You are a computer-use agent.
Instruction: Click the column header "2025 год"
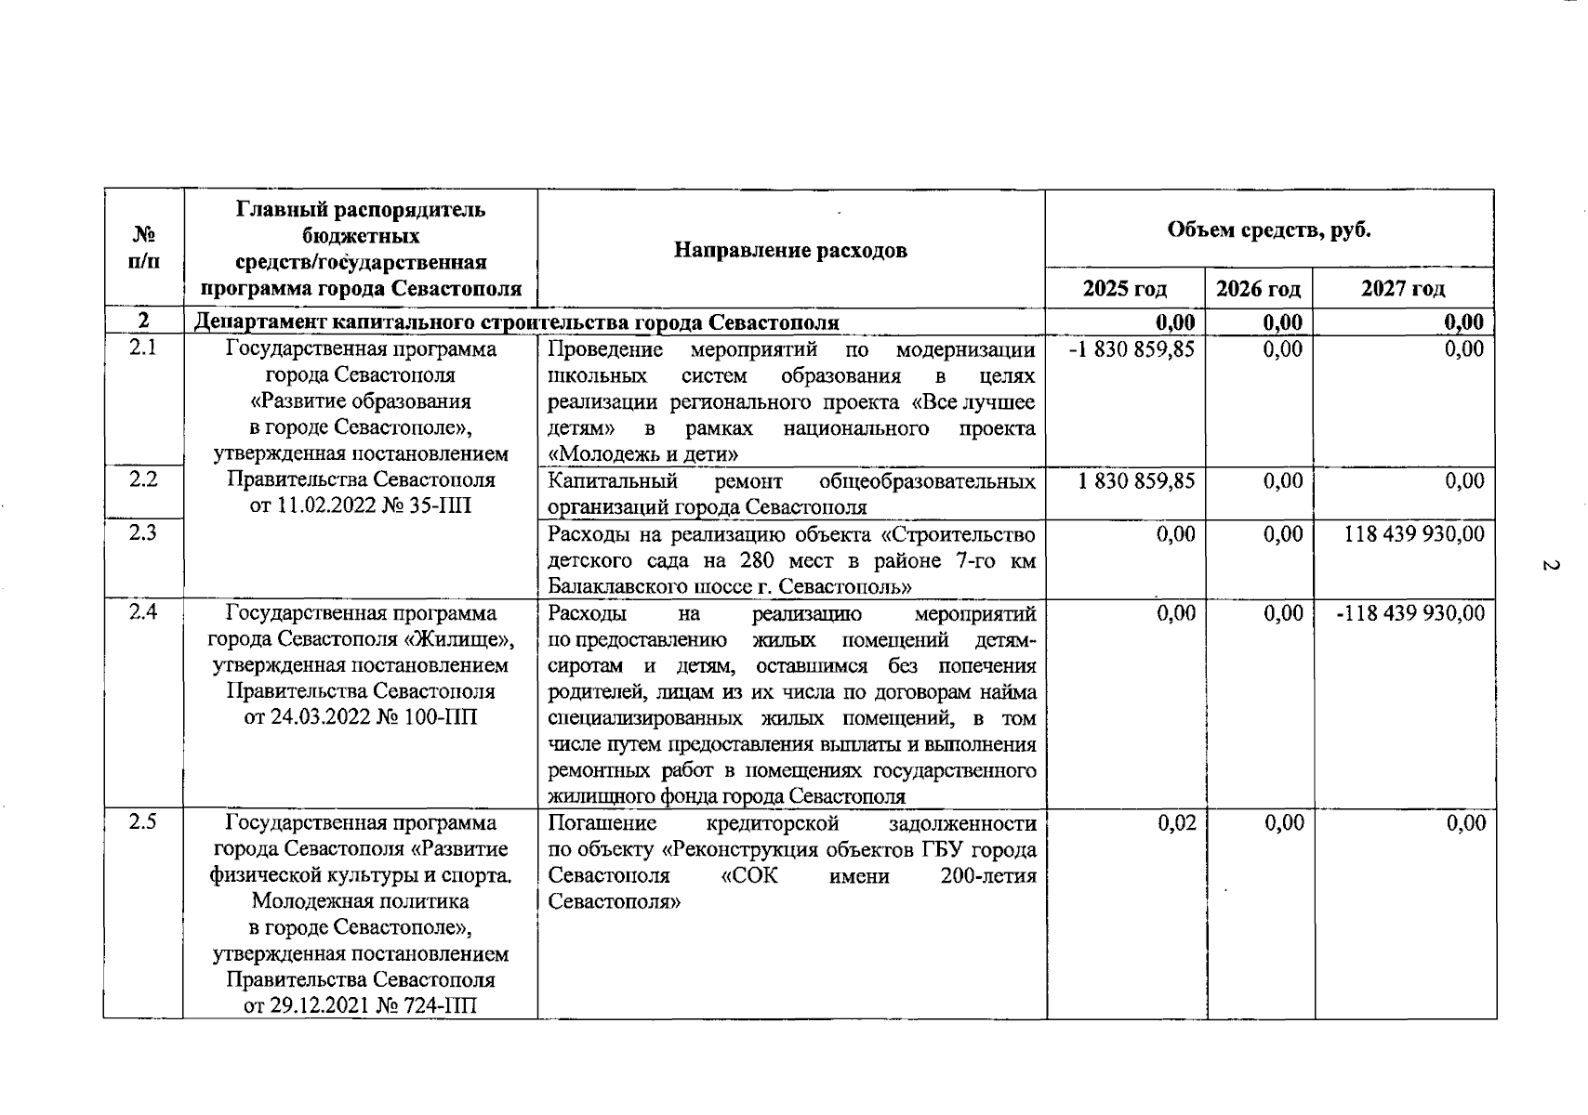click(x=1125, y=289)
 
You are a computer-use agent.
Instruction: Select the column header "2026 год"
click(x=1259, y=289)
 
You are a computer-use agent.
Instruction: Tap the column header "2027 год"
click(x=1403, y=289)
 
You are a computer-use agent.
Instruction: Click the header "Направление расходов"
click(x=790, y=250)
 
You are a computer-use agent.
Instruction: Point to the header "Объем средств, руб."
click(x=1269, y=230)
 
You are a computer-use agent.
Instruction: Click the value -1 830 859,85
click(x=1131, y=350)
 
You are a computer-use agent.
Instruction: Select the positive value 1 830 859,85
click(x=1136, y=481)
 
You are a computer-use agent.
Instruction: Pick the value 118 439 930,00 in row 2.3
click(x=1414, y=533)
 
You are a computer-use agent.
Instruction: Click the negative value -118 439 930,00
click(x=1410, y=613)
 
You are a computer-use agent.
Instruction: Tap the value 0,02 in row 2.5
click(x=1177, y=823)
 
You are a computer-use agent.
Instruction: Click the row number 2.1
click(x=143, y=350)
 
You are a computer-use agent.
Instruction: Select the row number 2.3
click(x=143, y=533)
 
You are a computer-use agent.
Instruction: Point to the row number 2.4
click(x=143, y=612)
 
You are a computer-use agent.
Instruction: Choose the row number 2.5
click(x=143, y=822)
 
